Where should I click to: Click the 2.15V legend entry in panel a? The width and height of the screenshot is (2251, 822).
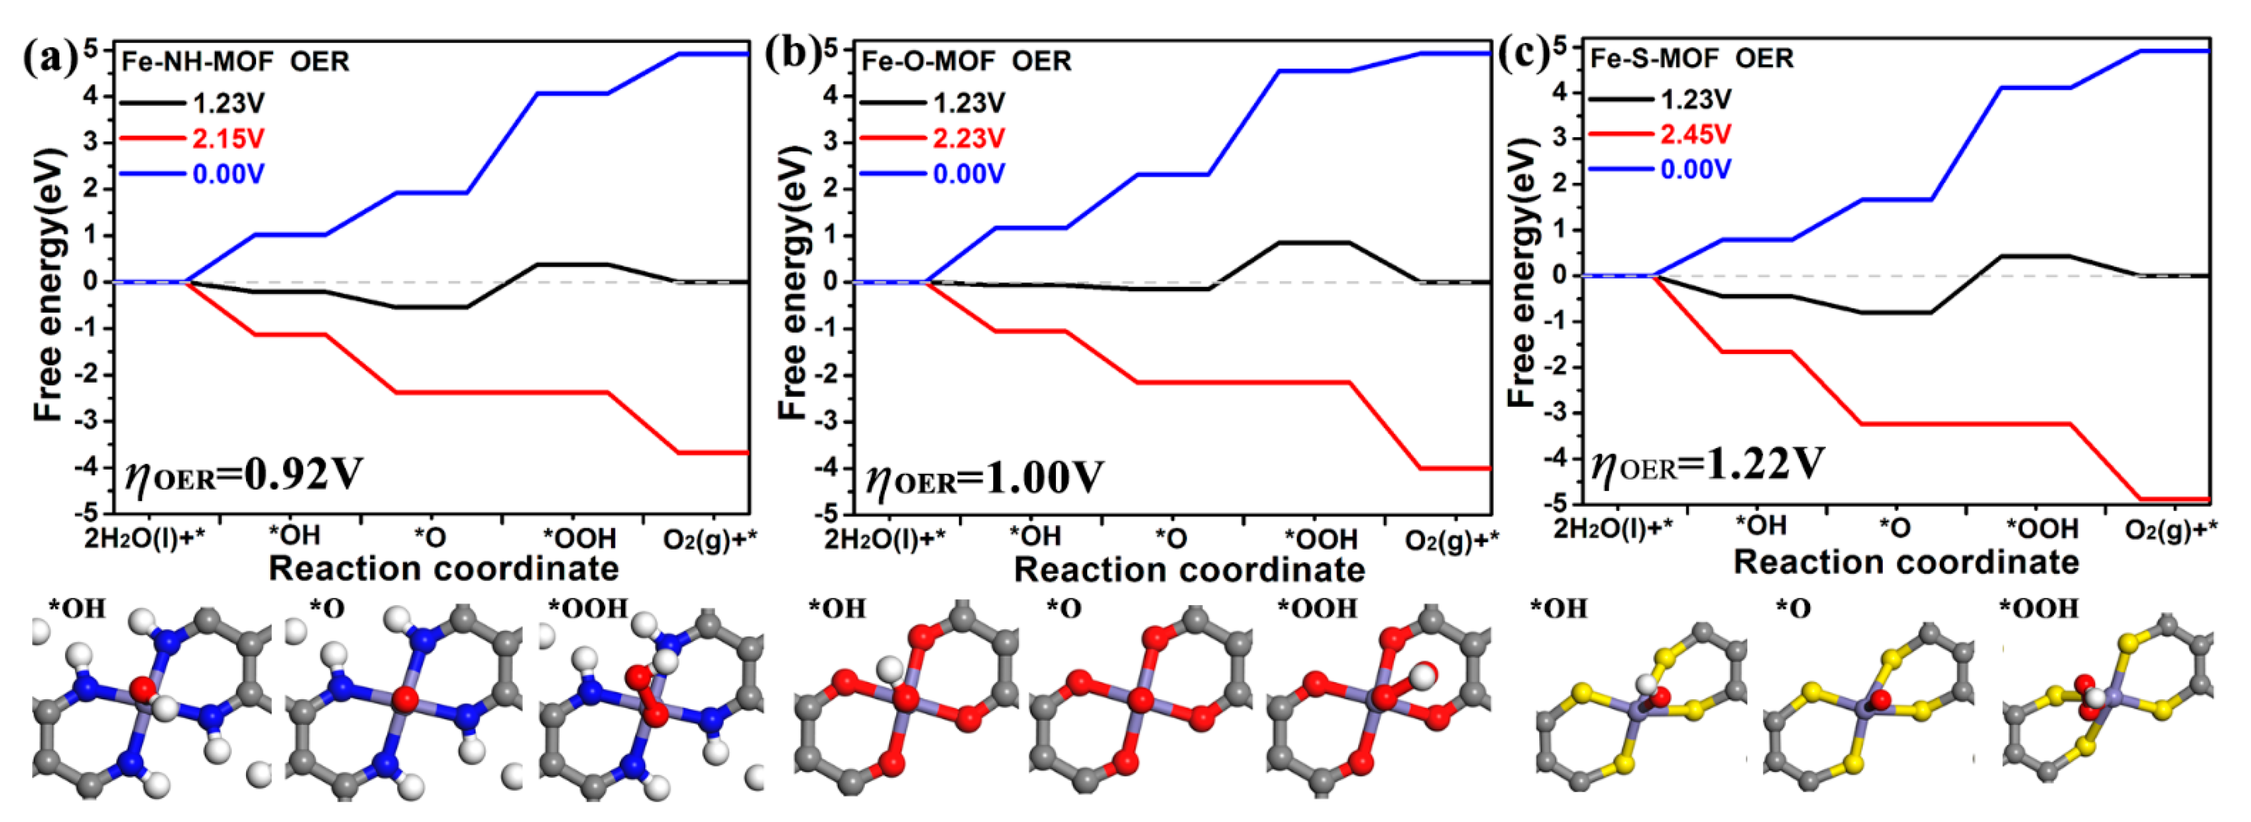(227, 139)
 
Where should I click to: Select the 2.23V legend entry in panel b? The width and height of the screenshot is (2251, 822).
(968, 138)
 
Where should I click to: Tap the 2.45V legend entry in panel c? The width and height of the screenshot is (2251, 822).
(1694, 134)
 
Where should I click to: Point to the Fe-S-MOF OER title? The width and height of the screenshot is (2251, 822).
(1692, 58)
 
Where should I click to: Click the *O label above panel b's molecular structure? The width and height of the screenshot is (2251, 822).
(1064, 608)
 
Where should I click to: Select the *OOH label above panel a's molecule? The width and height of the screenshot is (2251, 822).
(587, 608)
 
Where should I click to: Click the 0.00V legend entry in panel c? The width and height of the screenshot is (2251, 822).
(1694, 170)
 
